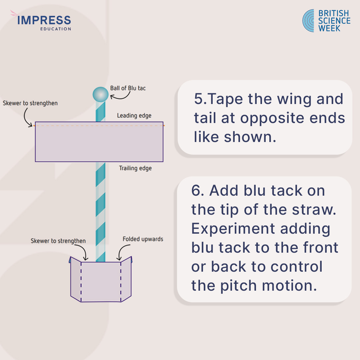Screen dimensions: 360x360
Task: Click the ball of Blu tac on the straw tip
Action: [100, 94]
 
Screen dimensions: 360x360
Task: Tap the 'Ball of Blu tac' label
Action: [128, 88]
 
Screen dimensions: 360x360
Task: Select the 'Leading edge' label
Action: [134, 116]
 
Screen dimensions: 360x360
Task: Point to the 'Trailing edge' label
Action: [135, 168]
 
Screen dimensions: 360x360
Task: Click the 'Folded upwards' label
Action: [143, 239]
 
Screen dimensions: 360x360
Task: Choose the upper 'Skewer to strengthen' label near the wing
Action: [30, 103]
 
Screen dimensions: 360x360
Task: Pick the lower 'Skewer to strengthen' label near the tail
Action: [58, 241]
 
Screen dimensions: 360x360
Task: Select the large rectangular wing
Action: [99, 142]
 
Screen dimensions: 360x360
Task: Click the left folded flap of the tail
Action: [76, 279]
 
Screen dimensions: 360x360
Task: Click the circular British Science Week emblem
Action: [308, 21]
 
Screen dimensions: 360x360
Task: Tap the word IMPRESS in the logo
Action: [44, 20]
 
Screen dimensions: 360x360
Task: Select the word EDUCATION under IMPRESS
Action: [55, 29]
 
